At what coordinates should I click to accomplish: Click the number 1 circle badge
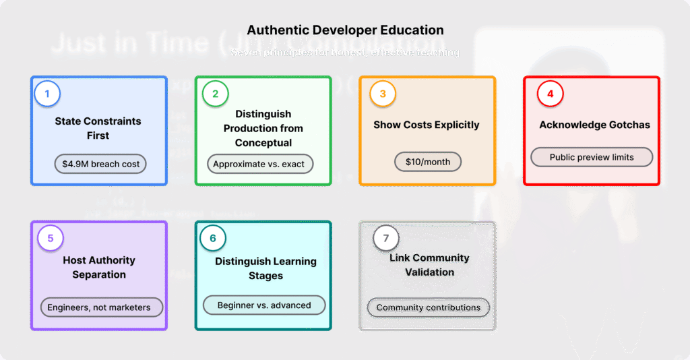click(47, 93)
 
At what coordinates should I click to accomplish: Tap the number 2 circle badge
click(215, 94)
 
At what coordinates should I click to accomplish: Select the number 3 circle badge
click(382, 94)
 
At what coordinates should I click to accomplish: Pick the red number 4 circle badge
click(550, 94)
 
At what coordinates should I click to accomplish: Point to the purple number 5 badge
click(51, 238)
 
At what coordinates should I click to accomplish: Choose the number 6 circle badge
click(213, 238)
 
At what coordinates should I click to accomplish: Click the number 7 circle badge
click(385, 238)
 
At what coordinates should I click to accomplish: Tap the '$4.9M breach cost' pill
click(100, 164)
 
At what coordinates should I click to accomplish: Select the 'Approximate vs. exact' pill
click(259, 164)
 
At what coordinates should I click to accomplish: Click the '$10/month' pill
click(427, 162)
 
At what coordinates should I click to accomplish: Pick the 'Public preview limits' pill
click(592, 157)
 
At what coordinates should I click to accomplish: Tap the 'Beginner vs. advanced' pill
click(264, 305)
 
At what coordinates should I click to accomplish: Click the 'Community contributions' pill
click(429, 308)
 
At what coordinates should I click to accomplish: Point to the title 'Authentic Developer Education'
click(345, 30)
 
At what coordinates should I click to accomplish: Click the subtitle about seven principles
click(345, 52)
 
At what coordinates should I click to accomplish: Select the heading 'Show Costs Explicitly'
click(427, 125)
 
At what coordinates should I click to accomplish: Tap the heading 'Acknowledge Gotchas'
click(594, 125)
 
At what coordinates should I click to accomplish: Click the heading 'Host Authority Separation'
click(99, 268)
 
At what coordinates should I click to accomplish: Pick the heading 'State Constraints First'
click(98, 128)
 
